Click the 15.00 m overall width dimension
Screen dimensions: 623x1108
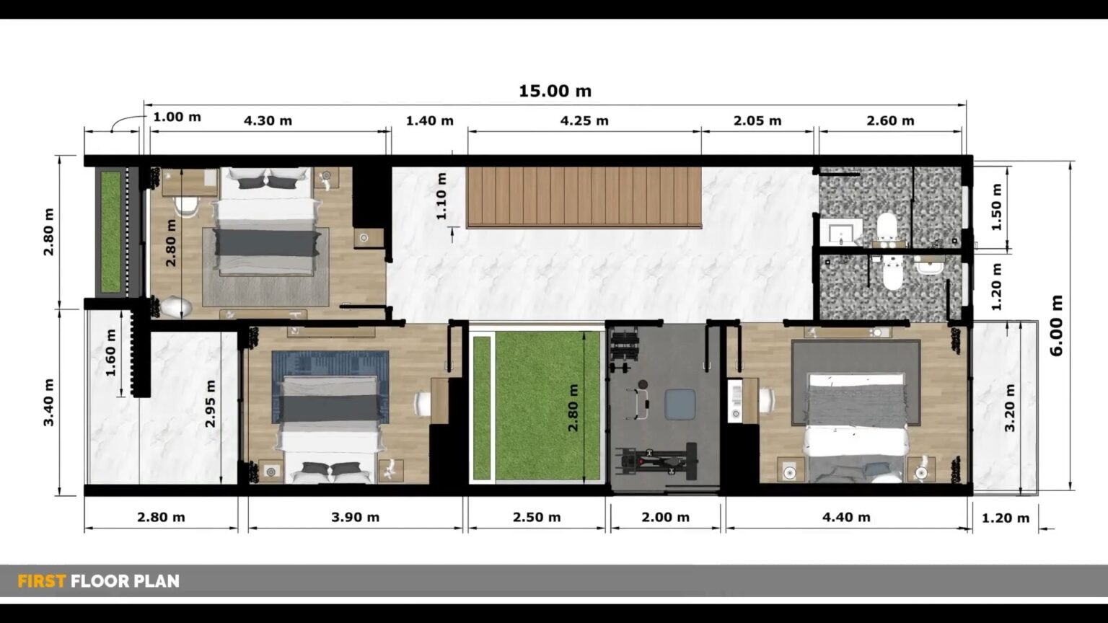(555, 91)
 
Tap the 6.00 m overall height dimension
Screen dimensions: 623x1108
(1057, 325)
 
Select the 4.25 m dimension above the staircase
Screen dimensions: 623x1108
(584, 120)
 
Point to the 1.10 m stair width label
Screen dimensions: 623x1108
(441, 195)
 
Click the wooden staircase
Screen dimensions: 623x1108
(584, 197)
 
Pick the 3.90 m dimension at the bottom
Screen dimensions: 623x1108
(355, 517)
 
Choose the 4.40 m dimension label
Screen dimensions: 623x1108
(846, 517)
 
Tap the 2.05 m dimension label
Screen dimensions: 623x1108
(757, 120)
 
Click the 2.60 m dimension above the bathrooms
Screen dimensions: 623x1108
(890, 120)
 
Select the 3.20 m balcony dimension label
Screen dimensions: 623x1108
(1010, 407)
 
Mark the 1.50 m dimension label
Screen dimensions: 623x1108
(997, 207)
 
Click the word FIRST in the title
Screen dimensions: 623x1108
(41, 581)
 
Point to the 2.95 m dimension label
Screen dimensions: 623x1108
(211, 404)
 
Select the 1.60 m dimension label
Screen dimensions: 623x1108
(110, 353)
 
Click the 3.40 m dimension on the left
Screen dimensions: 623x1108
(49, 402)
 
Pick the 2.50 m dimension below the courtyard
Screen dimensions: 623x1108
(536, 517)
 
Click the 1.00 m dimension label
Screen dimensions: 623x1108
(177, 117)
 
